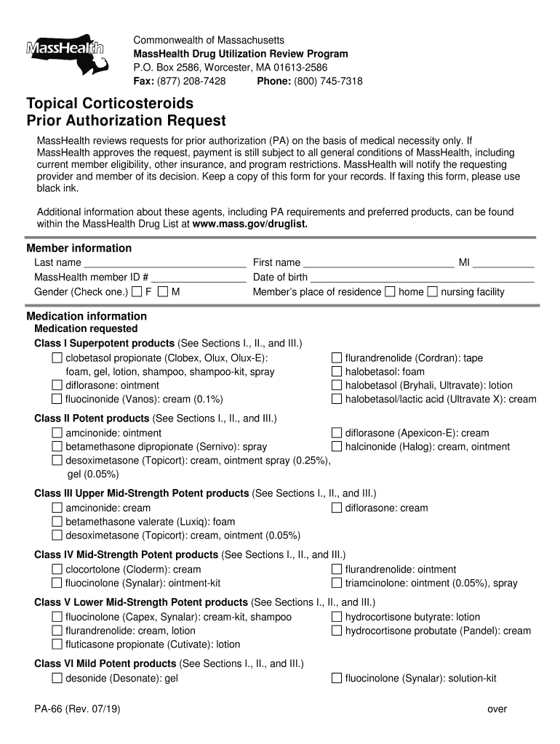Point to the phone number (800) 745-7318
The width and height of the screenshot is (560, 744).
point(328,81)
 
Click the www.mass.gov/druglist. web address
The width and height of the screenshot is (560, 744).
point(250,224)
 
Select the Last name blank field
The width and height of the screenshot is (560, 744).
point(164,262)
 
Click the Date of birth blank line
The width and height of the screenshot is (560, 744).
point(422,277)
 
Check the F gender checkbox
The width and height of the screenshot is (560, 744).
point(137,292)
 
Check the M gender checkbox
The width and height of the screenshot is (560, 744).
point(163,292)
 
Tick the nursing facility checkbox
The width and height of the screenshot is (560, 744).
point(433,292)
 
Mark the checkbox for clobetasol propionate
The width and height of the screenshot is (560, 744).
point(57,358)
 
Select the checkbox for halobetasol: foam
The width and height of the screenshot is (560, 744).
point(337,372)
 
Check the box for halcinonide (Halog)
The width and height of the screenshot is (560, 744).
point(337,447)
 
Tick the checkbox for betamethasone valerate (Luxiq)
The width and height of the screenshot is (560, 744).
point(57,522)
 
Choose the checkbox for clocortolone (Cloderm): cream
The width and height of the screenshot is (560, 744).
point(57,570)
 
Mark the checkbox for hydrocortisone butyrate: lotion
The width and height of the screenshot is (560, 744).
point(337,617)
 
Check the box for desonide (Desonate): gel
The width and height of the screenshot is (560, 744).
point(57,679)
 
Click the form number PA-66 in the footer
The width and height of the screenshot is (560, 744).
point(50,709)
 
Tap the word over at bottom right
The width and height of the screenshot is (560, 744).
point(497,709)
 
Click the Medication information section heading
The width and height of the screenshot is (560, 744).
point(87,316)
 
